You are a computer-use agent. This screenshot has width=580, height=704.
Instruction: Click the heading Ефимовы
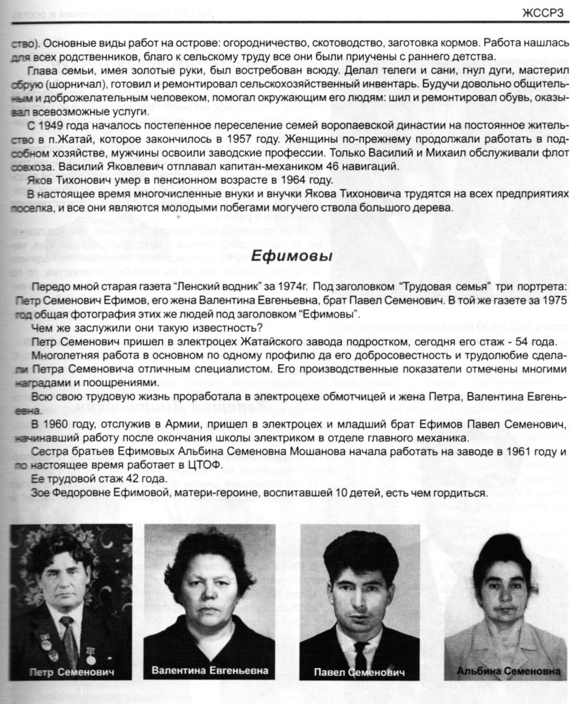[292, 256]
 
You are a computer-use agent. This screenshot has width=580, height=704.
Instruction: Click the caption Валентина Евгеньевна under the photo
[209, 670]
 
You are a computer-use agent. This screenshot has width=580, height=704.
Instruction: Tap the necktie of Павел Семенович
[360, 645]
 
